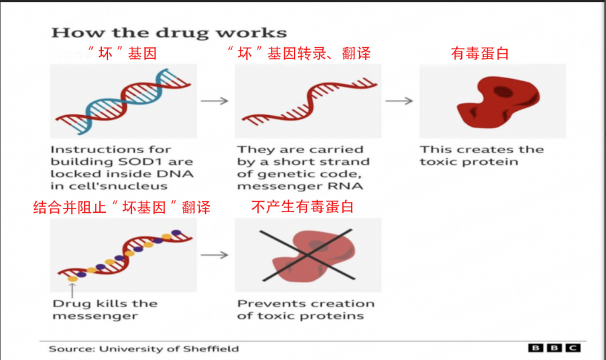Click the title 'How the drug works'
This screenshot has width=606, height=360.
point(169,33)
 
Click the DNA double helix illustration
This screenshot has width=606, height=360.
point(123,101)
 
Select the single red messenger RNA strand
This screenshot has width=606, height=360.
point(309,101)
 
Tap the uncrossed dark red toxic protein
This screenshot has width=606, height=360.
point(499,101)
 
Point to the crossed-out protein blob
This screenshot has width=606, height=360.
point(313,256)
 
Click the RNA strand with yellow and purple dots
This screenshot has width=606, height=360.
point(124,256)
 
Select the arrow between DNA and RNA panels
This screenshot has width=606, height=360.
point(215,101)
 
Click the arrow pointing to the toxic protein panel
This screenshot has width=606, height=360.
point(399,101)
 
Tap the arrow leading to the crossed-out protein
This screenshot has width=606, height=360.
point(215,255)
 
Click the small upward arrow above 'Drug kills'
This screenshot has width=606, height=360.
point(72,290)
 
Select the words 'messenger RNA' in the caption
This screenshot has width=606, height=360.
point(300,187)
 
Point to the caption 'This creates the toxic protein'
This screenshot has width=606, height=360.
point(482,155)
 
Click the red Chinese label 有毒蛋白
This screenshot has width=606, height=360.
point(479,53)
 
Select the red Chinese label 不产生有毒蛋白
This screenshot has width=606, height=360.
point(302,207)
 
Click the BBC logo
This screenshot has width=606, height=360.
point(554,348)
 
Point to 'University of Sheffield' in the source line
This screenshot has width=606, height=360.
point(169,348)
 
